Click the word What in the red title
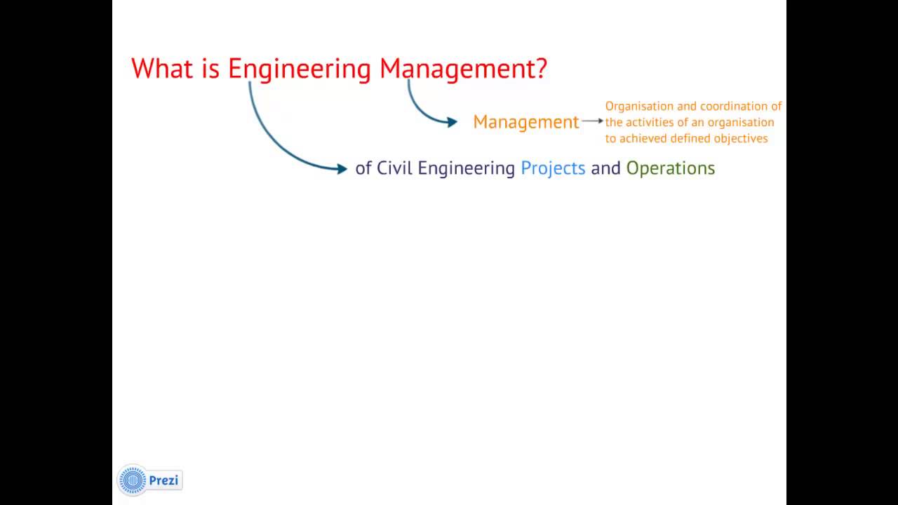click(x=162, y=68)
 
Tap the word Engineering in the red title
click(x=299, y=70)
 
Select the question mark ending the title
click(x=541, y=68)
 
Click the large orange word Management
click(x=526, y=122)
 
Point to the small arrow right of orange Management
click(x=593, y=121)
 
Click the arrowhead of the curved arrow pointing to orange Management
click(x=453, y=122)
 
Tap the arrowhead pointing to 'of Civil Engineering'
click(x=342, y=169)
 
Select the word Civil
click(x=394, y=168)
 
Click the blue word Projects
click(x=553, y=169)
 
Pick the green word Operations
click(x=670, y=169)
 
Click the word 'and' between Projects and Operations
click(x=605, y=168)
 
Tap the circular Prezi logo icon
click(x=133, y=480)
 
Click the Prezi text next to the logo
click(x=163, y=480)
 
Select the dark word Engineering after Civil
click(x=467, y=169)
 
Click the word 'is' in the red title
click(x=210, y=68)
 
